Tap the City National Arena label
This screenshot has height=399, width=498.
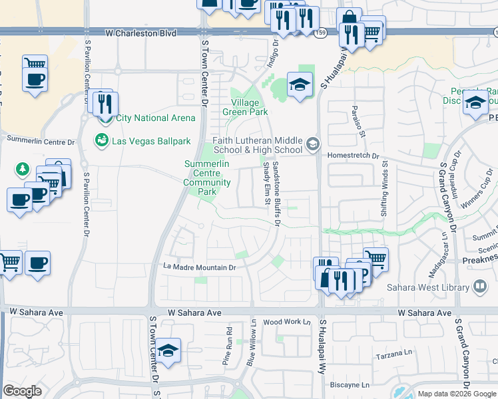point(156,118)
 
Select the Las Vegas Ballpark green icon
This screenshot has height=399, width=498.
point(102,141)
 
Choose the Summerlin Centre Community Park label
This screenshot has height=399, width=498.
point(207,178)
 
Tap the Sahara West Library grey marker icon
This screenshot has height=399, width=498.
point(480,287)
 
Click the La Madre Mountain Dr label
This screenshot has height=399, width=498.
point(200,267)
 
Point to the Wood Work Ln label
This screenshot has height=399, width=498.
point(288,322)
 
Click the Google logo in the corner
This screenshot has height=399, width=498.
point(22,391)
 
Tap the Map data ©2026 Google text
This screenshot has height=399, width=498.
point(457,394)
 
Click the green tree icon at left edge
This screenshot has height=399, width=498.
point(23,170)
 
